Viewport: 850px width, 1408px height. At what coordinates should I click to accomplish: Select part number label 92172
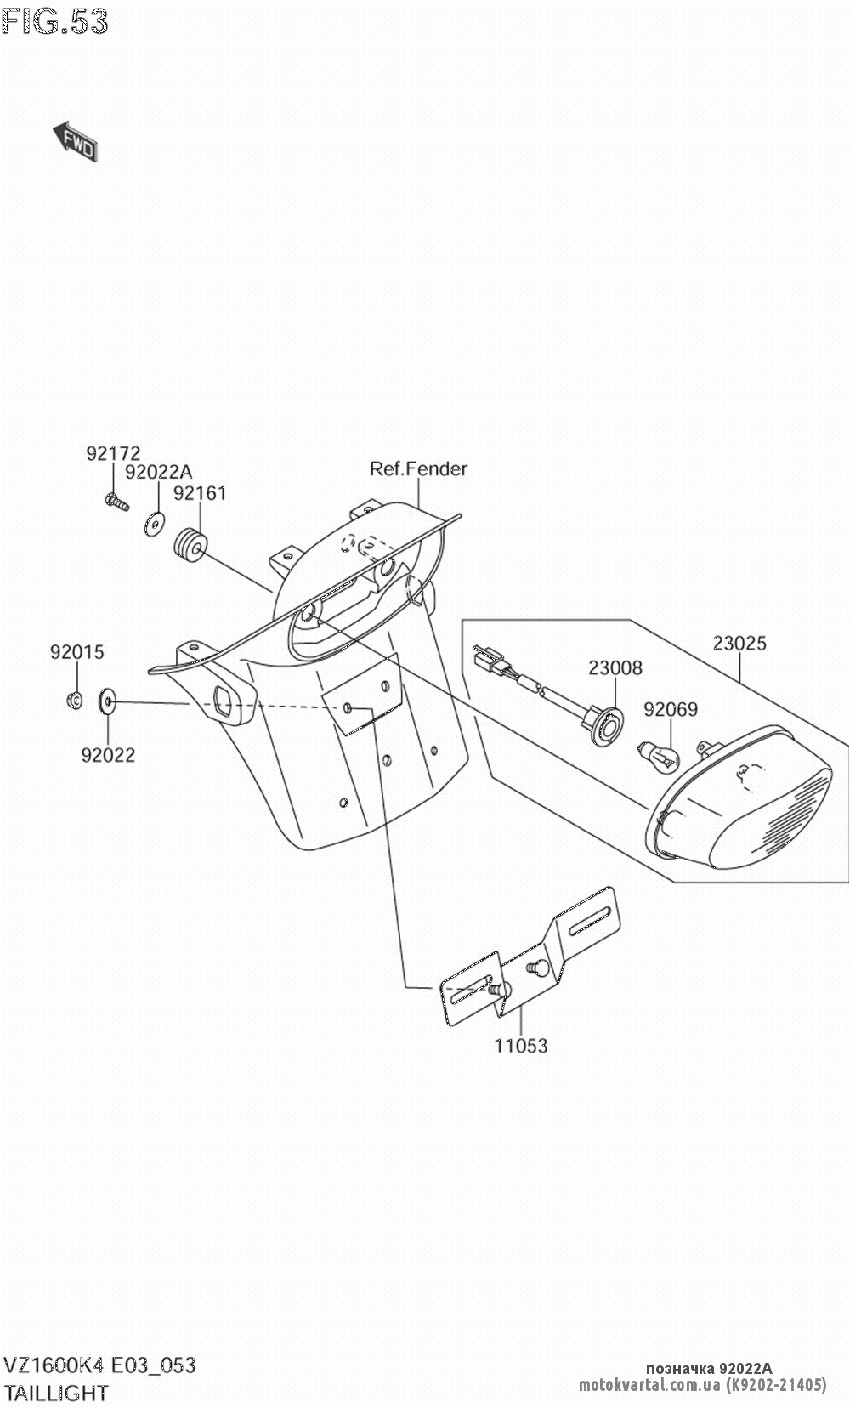tap(112, 454)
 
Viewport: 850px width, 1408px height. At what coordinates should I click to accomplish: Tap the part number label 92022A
tap(158, 472)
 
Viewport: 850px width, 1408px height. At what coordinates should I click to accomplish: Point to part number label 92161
tap(200, 493)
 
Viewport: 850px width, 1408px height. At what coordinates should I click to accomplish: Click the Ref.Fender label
tap(418, 468)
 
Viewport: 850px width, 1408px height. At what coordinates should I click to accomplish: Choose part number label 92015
tap(76, 652)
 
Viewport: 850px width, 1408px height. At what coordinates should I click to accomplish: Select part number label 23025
tap(739, 644)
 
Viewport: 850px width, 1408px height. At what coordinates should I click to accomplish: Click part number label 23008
tap(615, 668)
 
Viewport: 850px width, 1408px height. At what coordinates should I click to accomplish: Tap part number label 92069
tap(670, 708)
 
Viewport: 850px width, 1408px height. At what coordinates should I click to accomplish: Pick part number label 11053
tap(521, 1046)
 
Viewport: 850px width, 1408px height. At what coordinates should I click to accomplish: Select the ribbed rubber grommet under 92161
tap(190, 545)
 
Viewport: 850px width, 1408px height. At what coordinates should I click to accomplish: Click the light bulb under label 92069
tap(660, 755)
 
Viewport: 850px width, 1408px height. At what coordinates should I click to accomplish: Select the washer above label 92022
tap(108, 702)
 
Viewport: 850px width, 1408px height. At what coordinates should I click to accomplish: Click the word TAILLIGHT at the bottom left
tap(56, 1393)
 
